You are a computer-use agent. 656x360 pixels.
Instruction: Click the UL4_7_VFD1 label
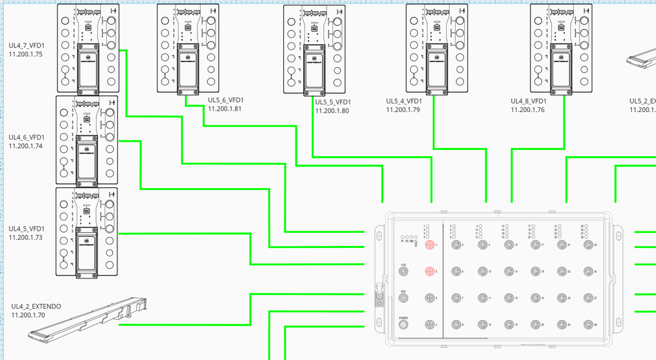point(26,45)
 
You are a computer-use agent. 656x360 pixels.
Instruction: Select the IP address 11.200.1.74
point(26,146)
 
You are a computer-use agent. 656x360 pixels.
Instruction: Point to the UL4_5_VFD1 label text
point(26,229)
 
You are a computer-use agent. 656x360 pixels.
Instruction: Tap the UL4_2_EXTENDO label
point(36,306)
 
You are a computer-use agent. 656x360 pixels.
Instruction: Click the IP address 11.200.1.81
point(225,109)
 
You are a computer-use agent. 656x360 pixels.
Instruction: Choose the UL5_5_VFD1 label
point(332,102)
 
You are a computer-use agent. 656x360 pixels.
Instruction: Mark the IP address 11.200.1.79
point(403,109)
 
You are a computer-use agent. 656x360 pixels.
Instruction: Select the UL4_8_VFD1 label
point(528,101)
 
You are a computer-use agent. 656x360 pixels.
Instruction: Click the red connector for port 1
point(429,245)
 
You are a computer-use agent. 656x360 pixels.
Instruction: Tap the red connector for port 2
point(429,272)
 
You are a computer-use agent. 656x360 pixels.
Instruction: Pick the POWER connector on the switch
point(403,325)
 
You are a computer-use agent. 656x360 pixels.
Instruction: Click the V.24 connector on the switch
point(403,272)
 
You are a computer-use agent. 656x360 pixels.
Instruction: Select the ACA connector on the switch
point(403,298)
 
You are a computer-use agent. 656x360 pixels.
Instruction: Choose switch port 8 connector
point(455,324)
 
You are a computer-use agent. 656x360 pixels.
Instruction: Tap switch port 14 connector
point(508,272)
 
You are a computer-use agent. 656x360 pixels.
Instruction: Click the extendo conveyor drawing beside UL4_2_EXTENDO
point(88,319)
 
